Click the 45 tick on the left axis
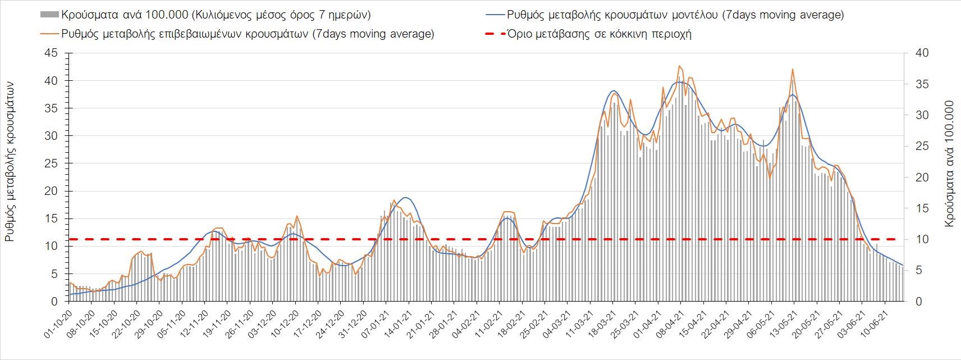coord(51,53)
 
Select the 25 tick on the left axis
coord(51,163)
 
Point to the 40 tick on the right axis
coord(917,53)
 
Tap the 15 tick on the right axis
coord(917,208)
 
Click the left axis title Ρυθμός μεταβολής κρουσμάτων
coord(10,161)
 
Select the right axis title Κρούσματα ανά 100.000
coord(949,163)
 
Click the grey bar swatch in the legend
coord(49,15)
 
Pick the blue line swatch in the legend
coord(494,15)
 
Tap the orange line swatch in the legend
coord(49,34)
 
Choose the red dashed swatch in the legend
coord(494,34)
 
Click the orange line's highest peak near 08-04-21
coord(679,66)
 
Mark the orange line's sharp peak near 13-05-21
coord(792,69)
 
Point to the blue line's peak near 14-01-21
coord(406,198)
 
